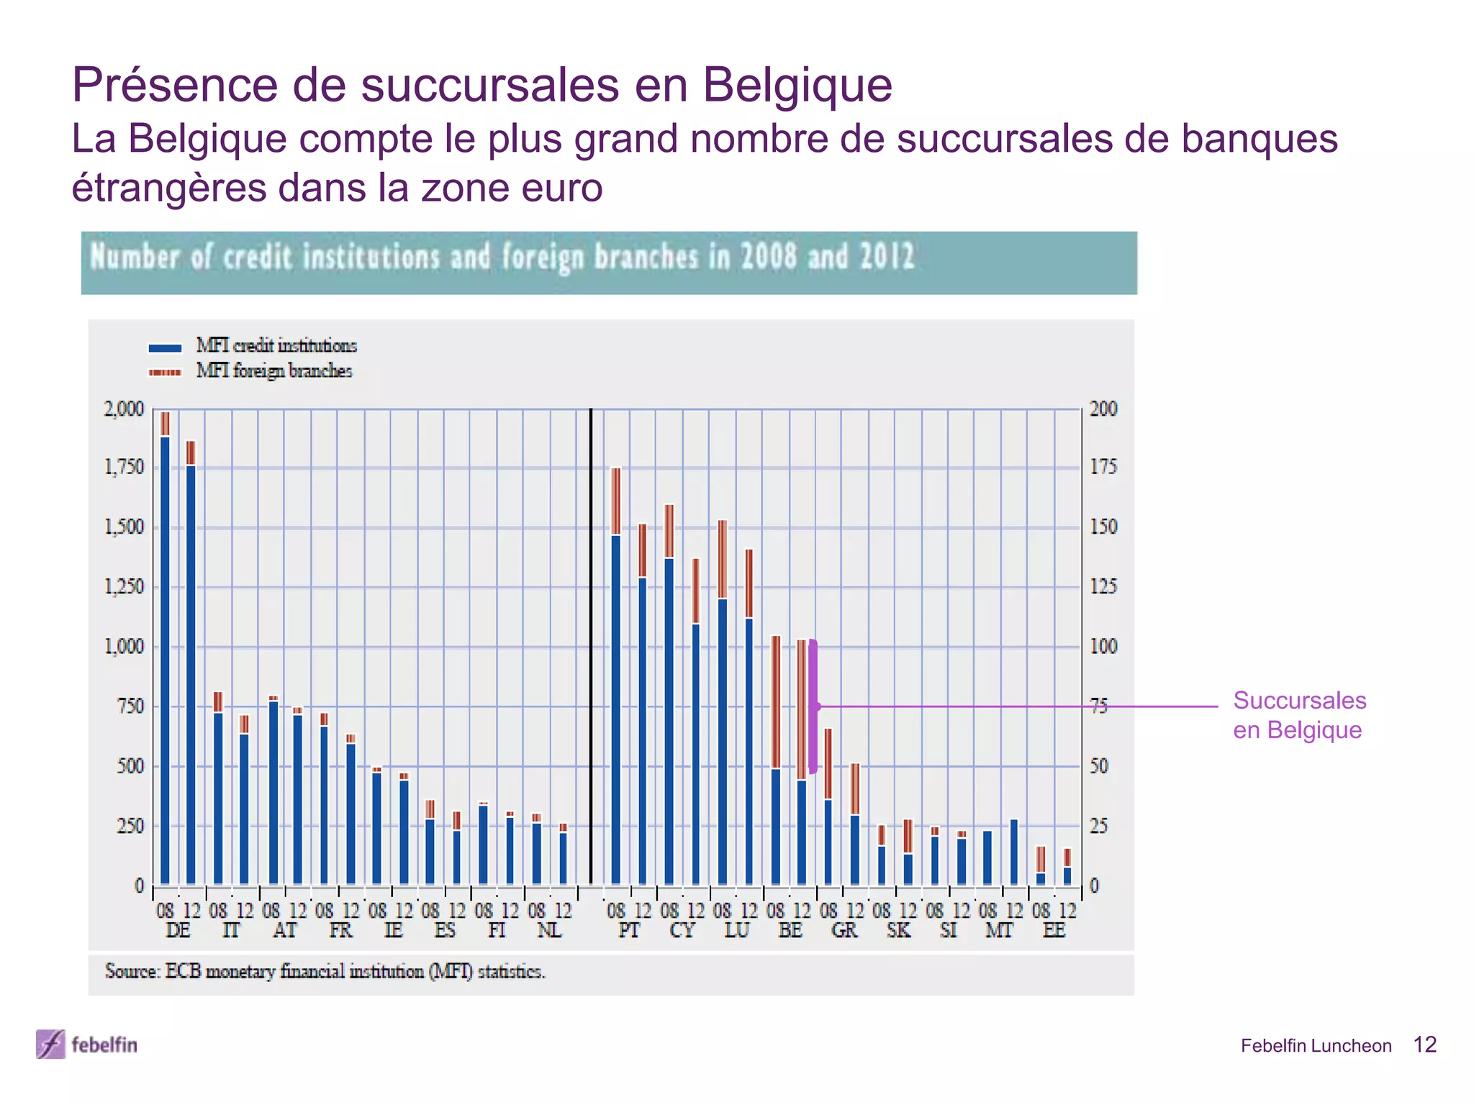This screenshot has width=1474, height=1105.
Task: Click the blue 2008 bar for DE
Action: tap(165, 658)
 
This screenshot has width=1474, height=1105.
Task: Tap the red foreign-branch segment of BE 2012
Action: tap(801, 709)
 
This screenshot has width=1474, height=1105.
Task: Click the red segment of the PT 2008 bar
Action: tap(615, 501)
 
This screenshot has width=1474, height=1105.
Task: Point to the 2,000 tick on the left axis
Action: tap(124, 409)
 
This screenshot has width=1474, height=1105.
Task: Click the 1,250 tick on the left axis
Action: tap(124, 587)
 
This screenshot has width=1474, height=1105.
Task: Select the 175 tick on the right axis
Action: tap(1103, 468)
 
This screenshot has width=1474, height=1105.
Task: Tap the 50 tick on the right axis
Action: tap(1098, 766)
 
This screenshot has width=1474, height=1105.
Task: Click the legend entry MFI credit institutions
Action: tap(276, 346)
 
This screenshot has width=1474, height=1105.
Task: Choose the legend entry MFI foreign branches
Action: tap(273, 371)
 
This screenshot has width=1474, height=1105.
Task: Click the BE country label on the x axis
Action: tap(790, 931)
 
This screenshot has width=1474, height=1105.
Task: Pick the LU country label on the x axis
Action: tap(736, 931)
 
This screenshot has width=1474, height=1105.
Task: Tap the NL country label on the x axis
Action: tap(549, 931)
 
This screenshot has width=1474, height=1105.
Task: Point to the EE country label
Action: tap(1054, 931)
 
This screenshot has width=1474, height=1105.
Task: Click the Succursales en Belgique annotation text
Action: tap(1298, 715)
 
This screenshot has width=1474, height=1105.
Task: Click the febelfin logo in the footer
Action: tap(86, 1045)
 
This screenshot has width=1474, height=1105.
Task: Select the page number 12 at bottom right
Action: tap(1424, 1045)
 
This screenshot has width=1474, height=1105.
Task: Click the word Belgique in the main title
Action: tap(797, 85)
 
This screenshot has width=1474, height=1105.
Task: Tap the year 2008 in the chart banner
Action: tap(768, 257)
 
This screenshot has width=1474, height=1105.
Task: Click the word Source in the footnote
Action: tap(131, 972)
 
